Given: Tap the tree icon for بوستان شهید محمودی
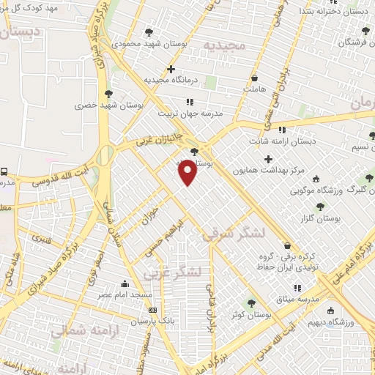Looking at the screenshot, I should click(x=149, y=32).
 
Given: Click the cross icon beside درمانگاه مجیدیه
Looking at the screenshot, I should click(x=171, y=70).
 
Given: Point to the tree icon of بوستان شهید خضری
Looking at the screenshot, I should click(x=108, y=94).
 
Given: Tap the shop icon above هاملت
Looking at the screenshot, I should click(x=253, y=77).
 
